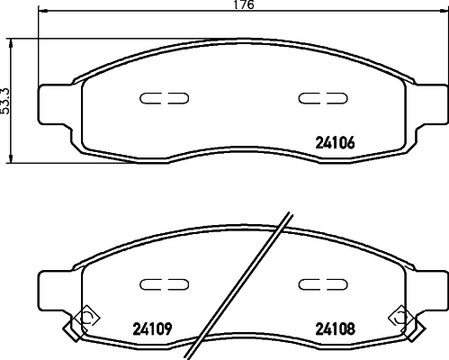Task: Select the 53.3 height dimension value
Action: pos(7,98)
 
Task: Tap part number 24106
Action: pos(336,140)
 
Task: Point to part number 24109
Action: pos(151,327)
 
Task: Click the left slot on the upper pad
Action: pos(163,98)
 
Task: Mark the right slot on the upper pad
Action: pos(318,98)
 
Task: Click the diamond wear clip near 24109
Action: pos(87,317)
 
